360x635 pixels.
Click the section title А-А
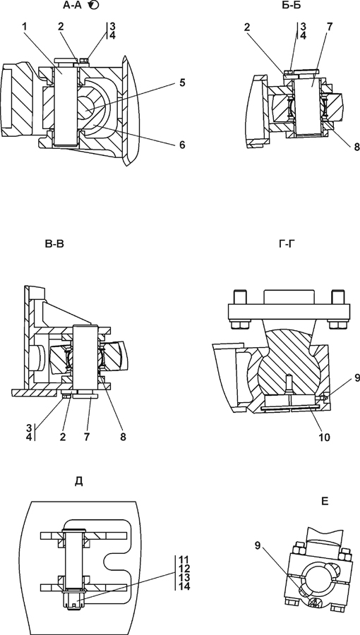click(72, 5)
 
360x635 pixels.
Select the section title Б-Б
click(287, 5)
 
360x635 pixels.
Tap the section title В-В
click(54, 244)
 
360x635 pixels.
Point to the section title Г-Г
click(287, 244)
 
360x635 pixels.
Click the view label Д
click(79, 481)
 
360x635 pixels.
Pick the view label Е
click(325, 502)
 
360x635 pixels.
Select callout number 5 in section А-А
click(182, 83)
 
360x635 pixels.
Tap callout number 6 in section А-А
click(182, 145)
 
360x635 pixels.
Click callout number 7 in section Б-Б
click(330, 27)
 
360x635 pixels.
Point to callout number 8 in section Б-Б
click(356, 147)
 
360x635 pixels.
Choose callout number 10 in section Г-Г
click(325, 437)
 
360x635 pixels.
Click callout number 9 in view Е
click(258, 545)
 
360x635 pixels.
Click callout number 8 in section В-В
click(123, 437)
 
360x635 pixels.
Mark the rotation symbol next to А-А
click(93, 5)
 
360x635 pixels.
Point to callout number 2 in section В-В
click(63, 437)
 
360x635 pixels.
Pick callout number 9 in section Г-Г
click(356, 378)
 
